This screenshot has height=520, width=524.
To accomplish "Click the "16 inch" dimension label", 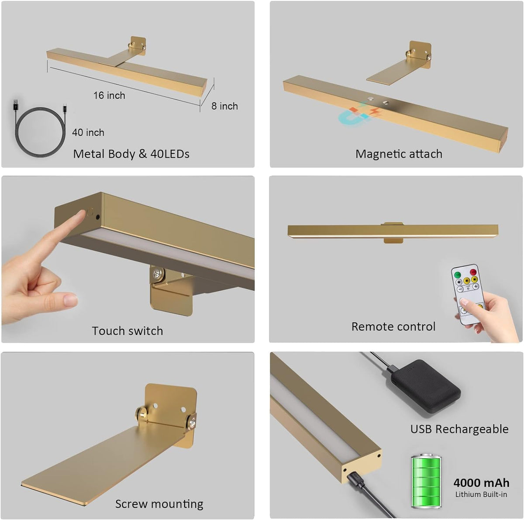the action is coord(109,96).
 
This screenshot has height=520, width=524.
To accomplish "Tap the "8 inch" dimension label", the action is coord(224,106).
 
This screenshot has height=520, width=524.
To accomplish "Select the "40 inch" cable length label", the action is coord(88,132).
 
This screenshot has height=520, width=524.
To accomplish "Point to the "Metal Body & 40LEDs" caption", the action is coord(131,154).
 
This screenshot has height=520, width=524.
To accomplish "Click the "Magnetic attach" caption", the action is coord(399,154).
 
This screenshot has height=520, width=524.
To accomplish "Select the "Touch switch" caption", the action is coord(127,331).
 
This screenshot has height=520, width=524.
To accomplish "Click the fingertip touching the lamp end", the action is coord(81,214).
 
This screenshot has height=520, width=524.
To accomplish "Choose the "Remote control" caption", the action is coord(393,327).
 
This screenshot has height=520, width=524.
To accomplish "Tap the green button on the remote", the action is coord(458,275).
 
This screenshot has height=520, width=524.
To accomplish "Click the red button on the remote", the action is coord(473,272).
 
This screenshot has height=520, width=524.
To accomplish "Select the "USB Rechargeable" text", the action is coord(459,429).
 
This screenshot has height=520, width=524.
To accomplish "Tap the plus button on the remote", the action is coord(476,286).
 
